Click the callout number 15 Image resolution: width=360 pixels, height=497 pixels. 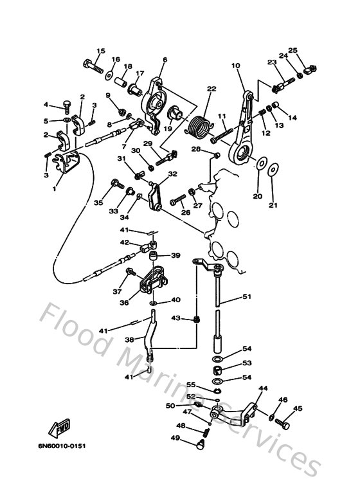coord(101,51)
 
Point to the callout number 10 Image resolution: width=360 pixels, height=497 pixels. coord(235,65)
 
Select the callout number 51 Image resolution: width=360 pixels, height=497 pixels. coord(247,296)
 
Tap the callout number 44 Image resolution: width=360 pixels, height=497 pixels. coord(262,388)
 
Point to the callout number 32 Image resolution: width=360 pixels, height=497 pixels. coord(172,174)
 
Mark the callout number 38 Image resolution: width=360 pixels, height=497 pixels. coord(129,340)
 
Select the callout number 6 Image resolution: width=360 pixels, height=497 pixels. coord(165,60)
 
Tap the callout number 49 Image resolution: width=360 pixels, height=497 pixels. coord(174,438)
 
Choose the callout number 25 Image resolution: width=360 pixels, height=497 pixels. coord(292,50)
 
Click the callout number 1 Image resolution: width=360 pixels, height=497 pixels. coord(55,189)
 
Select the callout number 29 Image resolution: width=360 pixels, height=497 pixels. coord(148,143)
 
